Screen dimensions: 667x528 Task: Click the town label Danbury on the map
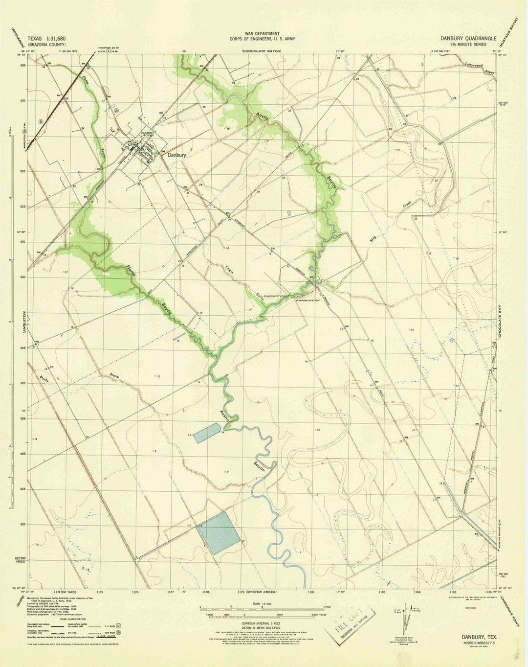click(x=176, y=155)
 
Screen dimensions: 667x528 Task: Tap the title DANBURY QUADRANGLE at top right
click(x=468, y=38)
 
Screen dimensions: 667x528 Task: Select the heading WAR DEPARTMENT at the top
click(x=262, y=33)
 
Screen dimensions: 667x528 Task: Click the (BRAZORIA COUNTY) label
click(x=46, y=44)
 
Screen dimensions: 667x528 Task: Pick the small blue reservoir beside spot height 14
click(x=207, y=433)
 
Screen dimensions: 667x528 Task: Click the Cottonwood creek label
click(x=473, y=65)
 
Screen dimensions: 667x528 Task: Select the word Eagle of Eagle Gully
click(x=229, y=270)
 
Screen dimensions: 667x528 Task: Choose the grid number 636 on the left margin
click(x=22, y=65)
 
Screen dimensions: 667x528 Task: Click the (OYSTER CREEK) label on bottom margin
click(x=262, y=592)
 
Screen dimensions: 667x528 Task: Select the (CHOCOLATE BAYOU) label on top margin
click(x=262, y=51)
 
